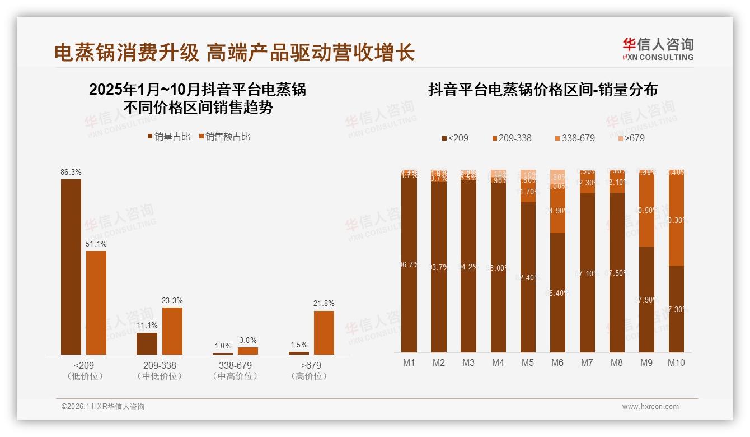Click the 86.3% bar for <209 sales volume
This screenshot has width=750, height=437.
coord(71,267)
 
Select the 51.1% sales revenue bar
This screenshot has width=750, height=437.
coord(96,303)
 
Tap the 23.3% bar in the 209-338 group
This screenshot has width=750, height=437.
coord(172,331)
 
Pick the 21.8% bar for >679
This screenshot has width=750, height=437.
coord(324,332)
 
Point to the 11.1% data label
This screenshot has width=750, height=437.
coord(147,326)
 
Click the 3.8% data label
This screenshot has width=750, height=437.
coord(248,340)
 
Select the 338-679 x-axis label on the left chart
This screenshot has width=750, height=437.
coord(235,366)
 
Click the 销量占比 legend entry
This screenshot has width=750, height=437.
coord(168,137)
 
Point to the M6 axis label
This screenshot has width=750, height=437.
coord(557,363)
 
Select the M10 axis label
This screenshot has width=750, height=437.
coord(676,363)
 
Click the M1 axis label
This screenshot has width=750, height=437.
coord(409,363)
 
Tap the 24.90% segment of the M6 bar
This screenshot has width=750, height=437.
coord(557,212)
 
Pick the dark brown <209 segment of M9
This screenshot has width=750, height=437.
coord(646,299)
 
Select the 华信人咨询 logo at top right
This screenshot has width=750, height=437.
coord(658,49)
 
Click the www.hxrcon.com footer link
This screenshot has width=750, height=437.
coord(650,407)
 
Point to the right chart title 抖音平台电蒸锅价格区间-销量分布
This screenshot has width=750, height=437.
coord(542,90)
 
